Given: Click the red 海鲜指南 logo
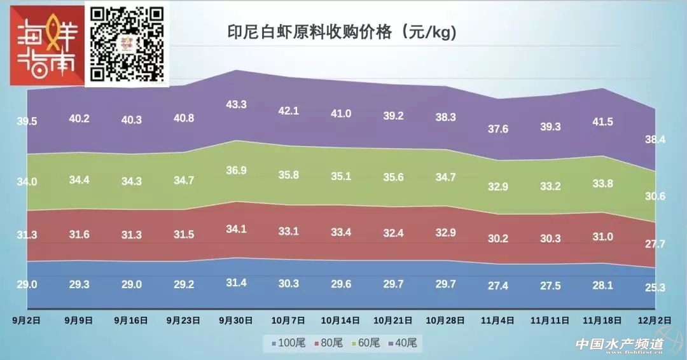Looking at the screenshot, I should [46, 46].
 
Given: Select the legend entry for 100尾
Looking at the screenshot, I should [288, 343].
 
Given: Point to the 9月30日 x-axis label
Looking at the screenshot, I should [236, 319].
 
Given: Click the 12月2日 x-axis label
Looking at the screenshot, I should [656, 319].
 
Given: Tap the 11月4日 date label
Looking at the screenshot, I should [498, 319].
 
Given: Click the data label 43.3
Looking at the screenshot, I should [236, 104].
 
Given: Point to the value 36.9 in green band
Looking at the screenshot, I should [236, 171].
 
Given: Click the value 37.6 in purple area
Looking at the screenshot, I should [498, 129].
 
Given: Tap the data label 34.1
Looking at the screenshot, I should [236, 229].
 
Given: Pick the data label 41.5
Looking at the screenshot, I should [602, 122].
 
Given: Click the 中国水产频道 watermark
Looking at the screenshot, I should [620, 344].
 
